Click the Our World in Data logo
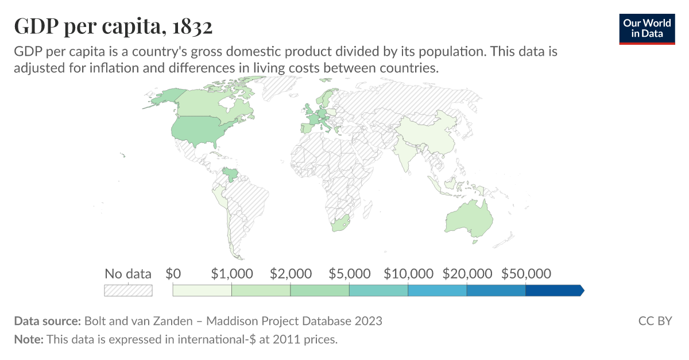click(647, 28)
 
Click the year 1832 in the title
click(193, 26)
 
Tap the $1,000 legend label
click(232, 273)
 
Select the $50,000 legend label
click(526, 273)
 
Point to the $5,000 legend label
click(350, 273)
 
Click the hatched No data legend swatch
click(128, 291)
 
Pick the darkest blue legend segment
click(553, 291)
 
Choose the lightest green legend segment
click(202, 291)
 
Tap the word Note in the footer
click(28, 339)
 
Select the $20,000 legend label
click(467, 273)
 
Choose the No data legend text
click(128, 273)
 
